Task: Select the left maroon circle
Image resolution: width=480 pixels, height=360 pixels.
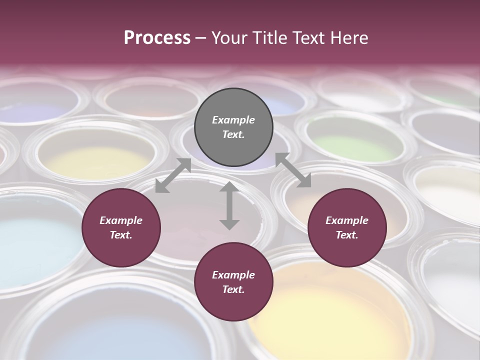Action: (121, 227)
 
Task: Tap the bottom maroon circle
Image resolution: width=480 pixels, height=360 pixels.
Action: (233, 281)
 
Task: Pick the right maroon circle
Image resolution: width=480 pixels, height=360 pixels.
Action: (347, 227)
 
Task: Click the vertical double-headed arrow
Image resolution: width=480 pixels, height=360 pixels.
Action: (229, 206)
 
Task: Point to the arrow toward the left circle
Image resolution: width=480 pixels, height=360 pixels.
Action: (173, 175)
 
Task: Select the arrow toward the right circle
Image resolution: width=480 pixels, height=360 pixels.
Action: (293, 170)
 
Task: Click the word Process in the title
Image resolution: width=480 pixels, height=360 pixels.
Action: (157, 37)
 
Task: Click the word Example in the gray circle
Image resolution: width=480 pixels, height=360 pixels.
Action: (233, 120)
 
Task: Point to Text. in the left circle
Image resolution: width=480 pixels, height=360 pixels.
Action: (121, 235)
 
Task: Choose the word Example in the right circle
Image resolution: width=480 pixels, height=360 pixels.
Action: (347, 220)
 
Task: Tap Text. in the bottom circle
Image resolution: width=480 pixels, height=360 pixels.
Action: (233, 289)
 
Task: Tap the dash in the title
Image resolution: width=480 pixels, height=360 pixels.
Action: (201, 37)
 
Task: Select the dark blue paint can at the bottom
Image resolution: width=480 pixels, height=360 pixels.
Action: (125, 330)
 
